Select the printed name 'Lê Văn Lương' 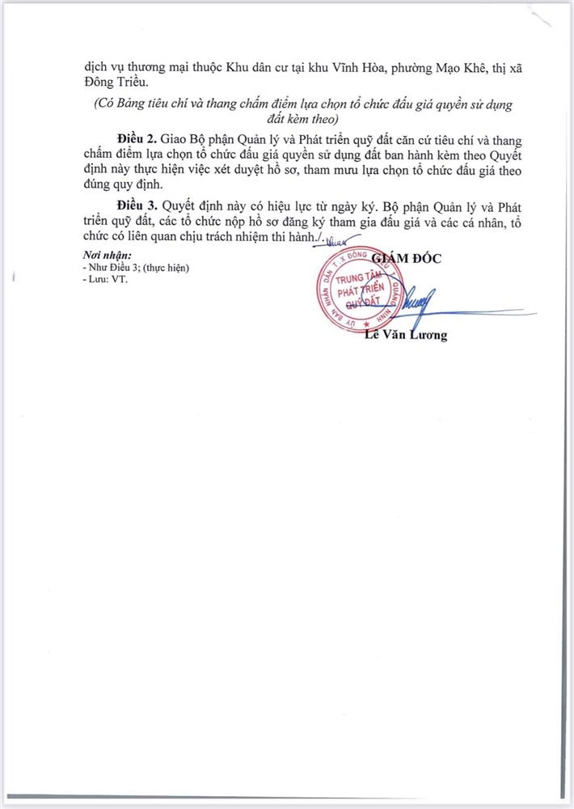tap(404, 335)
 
